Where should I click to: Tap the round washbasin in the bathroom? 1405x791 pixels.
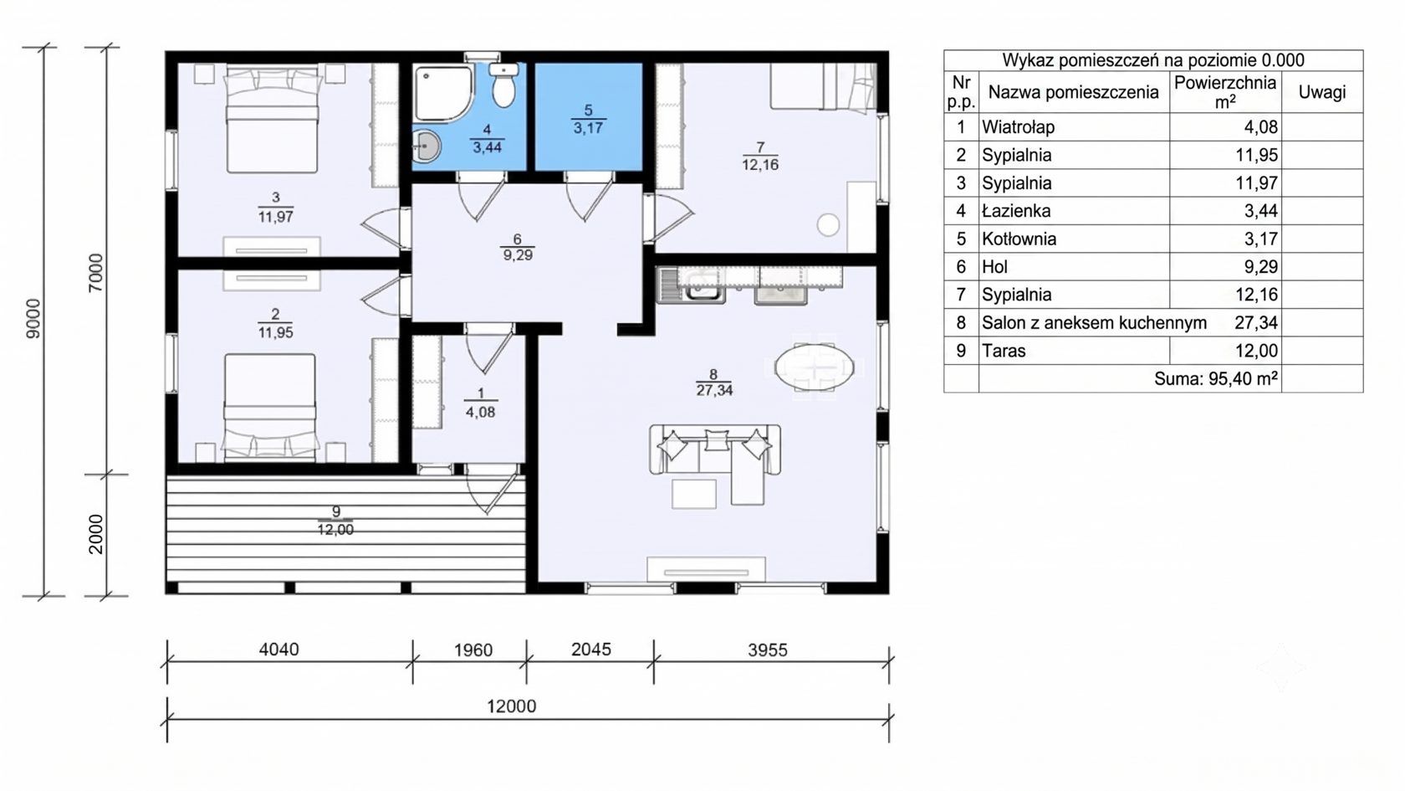tap(426, 146)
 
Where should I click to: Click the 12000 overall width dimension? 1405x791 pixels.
tap(512, 706)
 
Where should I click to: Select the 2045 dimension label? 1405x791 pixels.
tap(590, 650)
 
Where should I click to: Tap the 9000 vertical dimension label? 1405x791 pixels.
tap(33, 319)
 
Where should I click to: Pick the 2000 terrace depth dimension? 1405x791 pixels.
tap(95, 534)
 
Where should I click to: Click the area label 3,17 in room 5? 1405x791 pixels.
tap(588, 129)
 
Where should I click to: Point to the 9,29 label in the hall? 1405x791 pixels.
tap(518, 255)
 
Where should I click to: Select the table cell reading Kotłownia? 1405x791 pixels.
tap(1019, 239)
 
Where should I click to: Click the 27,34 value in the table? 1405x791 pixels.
tap(1256, 323)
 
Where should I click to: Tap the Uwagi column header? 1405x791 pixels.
tap(1322, 92)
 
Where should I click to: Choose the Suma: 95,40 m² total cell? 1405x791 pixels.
tap(1216, 378)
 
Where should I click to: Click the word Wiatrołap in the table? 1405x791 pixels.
tap(1018, 127)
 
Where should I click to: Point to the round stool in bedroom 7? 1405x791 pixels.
tap(829, 224)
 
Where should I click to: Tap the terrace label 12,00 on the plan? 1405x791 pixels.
tap(335, 530)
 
